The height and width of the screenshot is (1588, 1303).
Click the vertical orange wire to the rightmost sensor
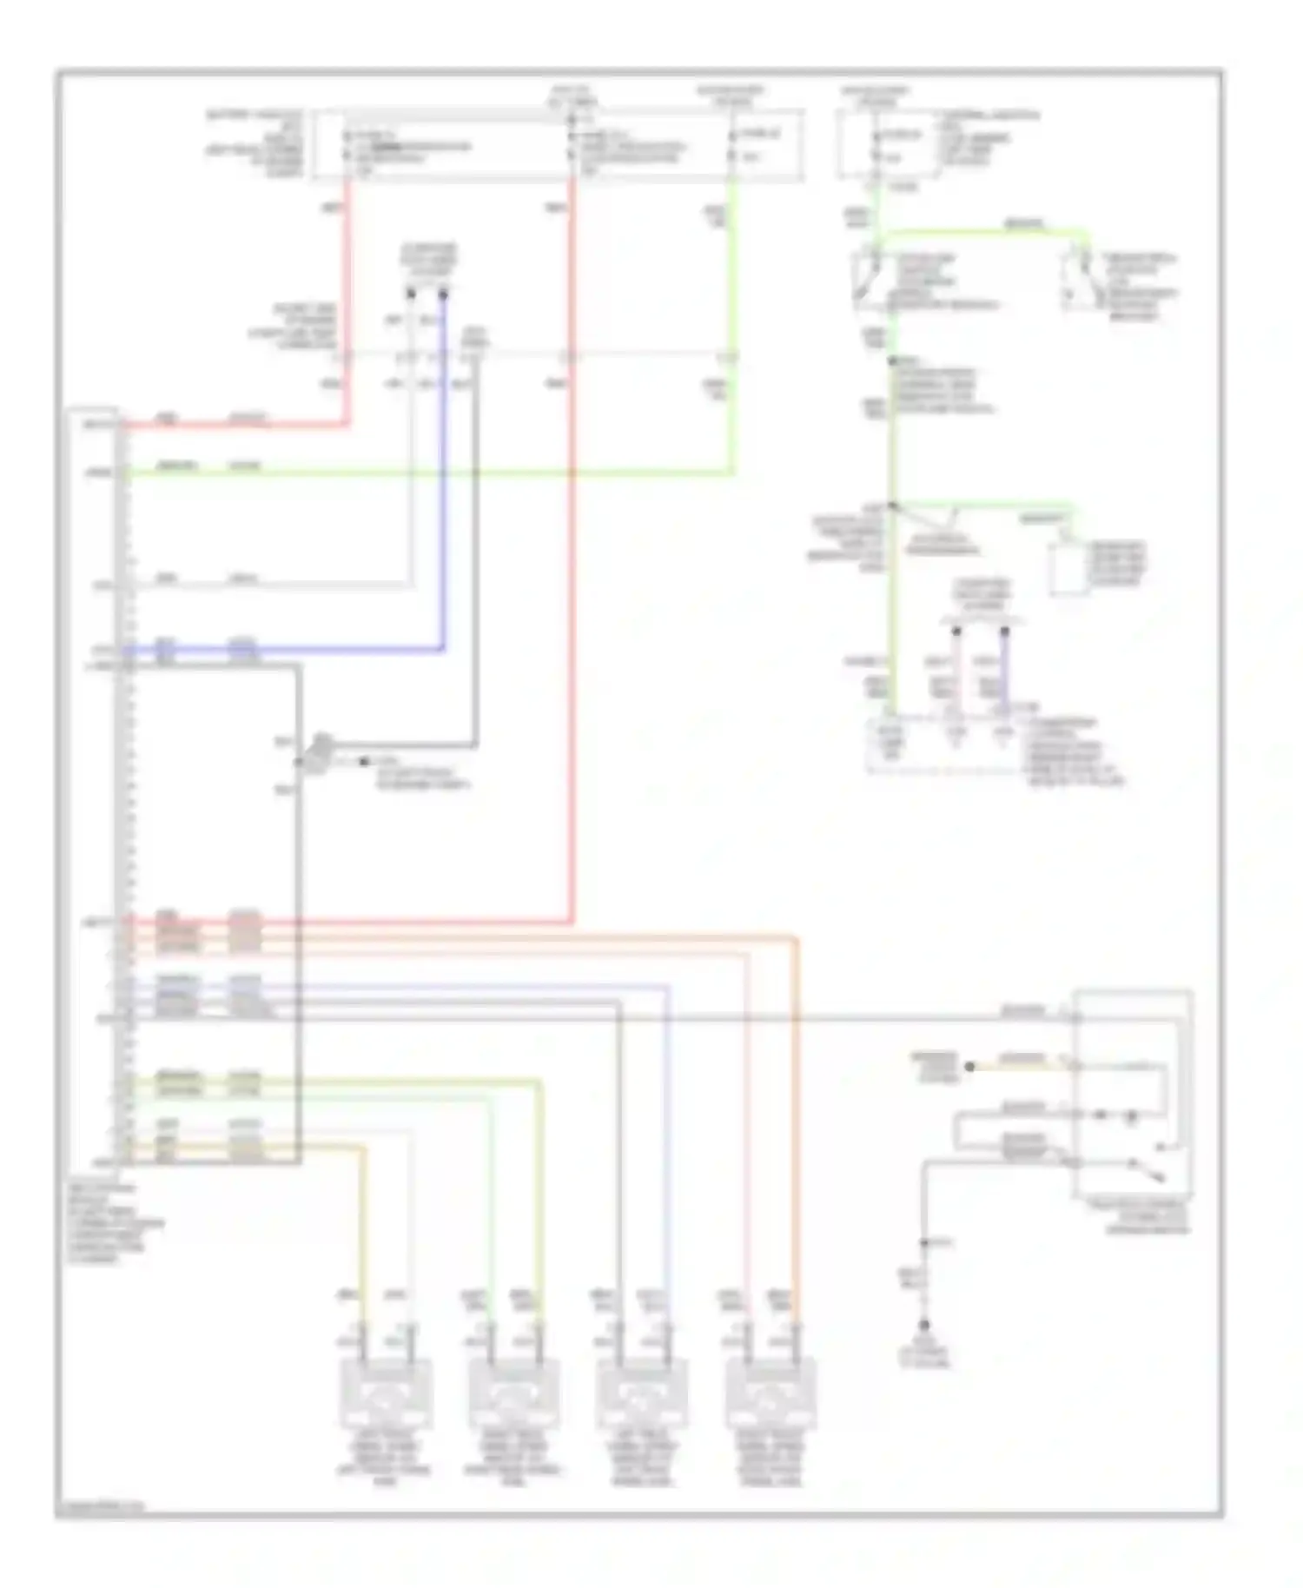796,1129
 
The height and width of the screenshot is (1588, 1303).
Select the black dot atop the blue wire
443,295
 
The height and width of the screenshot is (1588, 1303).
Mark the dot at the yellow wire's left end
969,1066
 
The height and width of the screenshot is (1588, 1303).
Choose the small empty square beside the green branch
1068,569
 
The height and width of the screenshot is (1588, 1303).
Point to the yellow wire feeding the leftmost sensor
363,1234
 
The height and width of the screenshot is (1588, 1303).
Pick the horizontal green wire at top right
982,232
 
